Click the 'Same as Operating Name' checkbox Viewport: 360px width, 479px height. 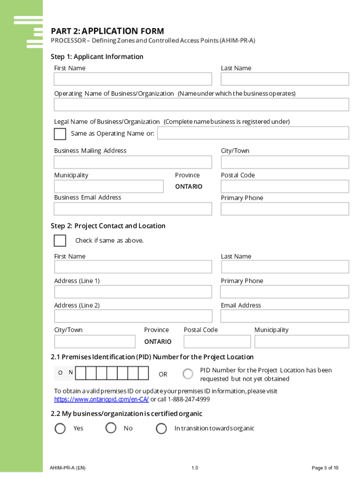point(60,134)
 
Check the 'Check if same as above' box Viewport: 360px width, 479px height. point(60,240)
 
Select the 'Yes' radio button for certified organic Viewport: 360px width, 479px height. point(60,428)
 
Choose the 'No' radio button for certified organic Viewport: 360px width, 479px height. point(111,428)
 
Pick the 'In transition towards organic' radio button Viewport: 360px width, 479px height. point(161,428)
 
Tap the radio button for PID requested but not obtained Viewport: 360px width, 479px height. point(188,374)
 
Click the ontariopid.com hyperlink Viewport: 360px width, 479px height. point(101,399)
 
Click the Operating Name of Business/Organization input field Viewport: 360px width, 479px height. point(202,104)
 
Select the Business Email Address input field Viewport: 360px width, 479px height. point(133,209)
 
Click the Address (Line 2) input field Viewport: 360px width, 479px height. point(133,316)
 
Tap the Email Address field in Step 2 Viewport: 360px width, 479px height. point(284,316)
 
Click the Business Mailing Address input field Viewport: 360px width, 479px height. point(133,162)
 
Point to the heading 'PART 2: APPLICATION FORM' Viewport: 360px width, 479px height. point(108,31)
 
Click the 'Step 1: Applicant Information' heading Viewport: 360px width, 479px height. point(97,57)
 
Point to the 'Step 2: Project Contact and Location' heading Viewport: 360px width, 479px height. point(108,226)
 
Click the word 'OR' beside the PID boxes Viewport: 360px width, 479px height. point(163,374)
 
